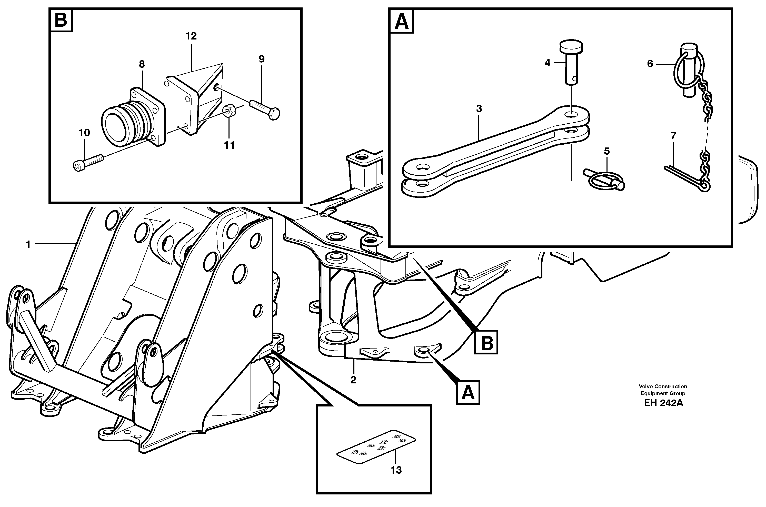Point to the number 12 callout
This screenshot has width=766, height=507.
[191, 36]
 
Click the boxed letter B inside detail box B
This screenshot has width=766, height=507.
[61, 20]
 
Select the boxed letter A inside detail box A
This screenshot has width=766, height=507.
[402, 20]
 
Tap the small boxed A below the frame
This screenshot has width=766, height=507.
[468, 393]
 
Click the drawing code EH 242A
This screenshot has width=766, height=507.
[663, 403]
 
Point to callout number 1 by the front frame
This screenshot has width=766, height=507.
[28, 245]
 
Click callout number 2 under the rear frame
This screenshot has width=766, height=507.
[353, 380]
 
